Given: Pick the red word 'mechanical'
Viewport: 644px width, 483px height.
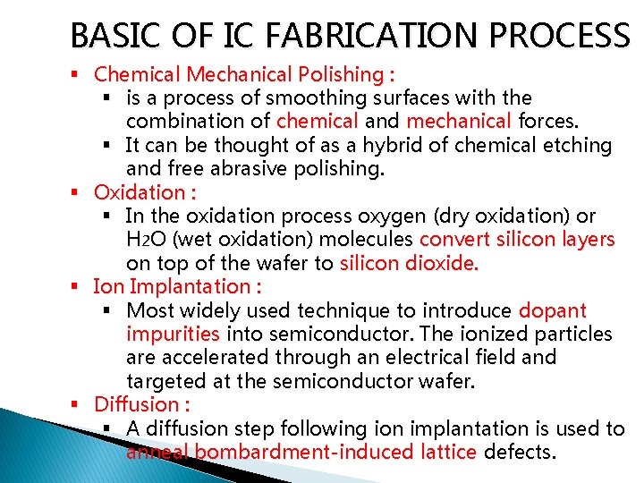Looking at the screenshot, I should [x=459, y=121].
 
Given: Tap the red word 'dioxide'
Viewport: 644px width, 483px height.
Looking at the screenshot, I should [x=441, y=263].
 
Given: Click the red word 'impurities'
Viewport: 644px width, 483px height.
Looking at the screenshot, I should [x=173, y=334].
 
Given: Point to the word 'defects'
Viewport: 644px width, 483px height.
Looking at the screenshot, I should [x=520, y=452].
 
